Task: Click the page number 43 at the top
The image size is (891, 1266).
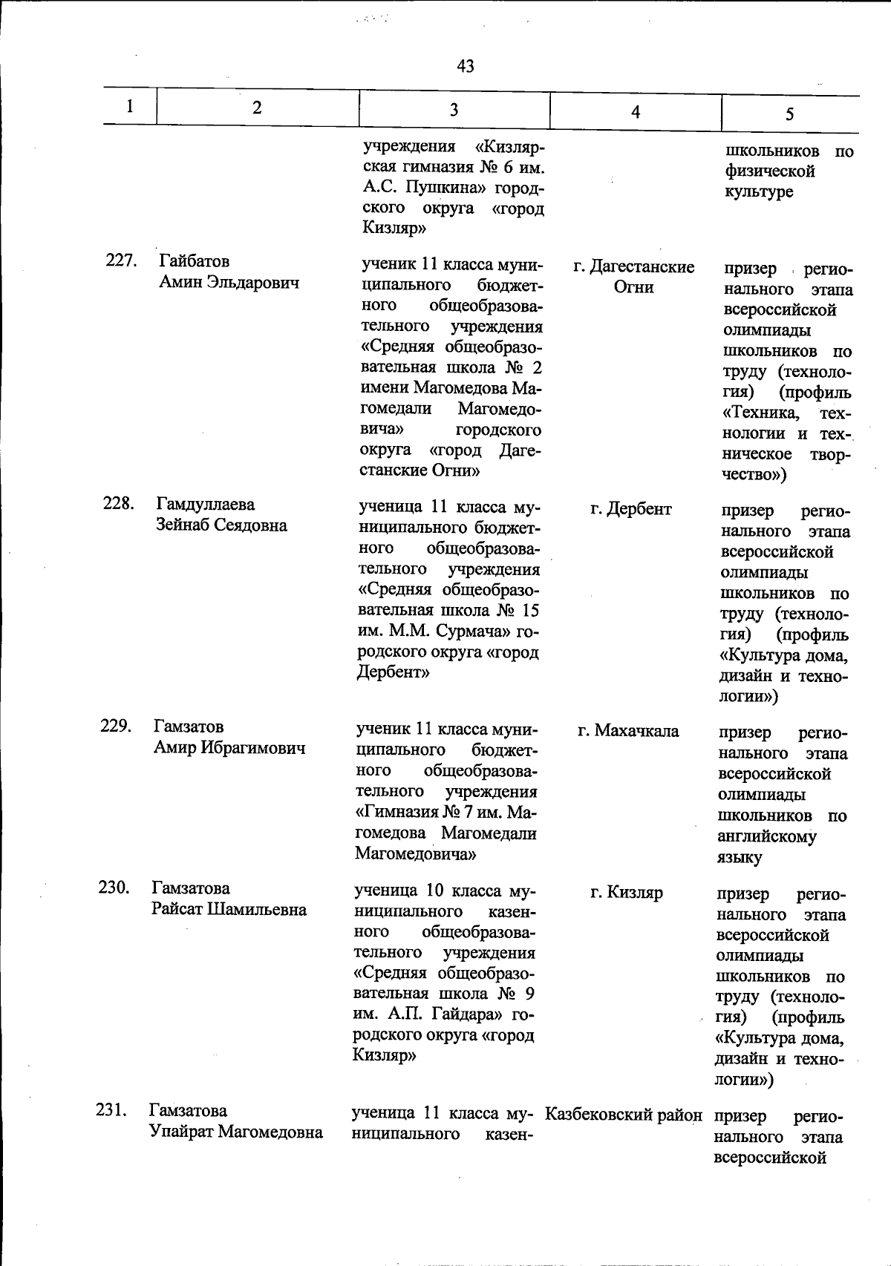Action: (x=466, y=66)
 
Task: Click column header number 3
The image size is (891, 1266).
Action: (x=454, y=110)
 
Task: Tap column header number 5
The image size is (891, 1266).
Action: (x=789, y=114)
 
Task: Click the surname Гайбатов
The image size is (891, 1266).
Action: (x=194, y=261)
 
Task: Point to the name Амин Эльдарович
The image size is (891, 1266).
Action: (x=229, y=282)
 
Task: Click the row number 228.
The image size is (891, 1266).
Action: (x=119, y=504)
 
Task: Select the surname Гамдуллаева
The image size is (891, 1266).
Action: (x=205, y=505)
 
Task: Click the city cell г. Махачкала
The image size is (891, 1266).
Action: (x=628, y=731)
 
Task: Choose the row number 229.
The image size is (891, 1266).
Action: (x=117, y=726)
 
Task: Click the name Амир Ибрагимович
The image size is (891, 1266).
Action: (x=229, y=747)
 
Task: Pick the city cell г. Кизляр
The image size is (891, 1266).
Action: (x=627, y=892)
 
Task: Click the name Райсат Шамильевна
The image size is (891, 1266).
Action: (x=229, y=909)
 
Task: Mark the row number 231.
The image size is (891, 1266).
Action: (x=112, y=1110)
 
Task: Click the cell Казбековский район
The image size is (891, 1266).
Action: (x=624, y=1115)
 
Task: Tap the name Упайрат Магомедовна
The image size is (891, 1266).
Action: (x=235, y=1132)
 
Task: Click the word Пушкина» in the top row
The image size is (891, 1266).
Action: (x=446, y=188)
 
